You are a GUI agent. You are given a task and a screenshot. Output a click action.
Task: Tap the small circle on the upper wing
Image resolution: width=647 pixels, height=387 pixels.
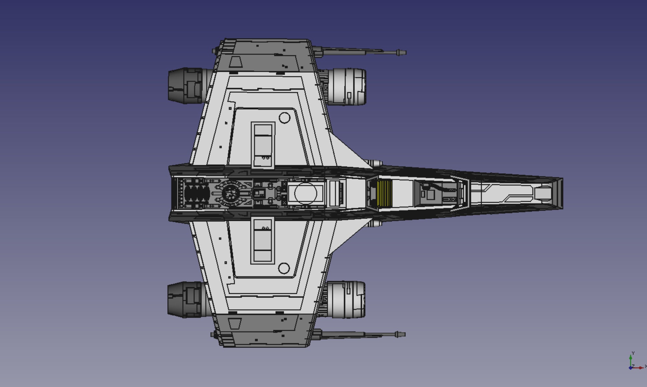pyautogui.click(x=284, y=118)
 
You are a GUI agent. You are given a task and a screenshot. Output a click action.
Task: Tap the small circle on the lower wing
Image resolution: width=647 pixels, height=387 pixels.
pyautogui.click(x=284, y=268)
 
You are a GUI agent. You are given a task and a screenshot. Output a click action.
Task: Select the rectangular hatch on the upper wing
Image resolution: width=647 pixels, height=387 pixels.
pyautogui.click(x=263, y=145)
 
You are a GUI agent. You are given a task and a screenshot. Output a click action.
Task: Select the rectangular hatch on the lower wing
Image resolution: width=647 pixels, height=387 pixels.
pyautogui.click(x=262, y=240)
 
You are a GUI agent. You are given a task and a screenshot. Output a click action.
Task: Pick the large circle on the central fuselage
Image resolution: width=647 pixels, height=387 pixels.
pyautogui.click(x=305, y=193)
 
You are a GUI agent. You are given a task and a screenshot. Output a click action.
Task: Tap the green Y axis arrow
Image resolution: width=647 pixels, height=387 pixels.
pyautogui.click(x=631, y=357)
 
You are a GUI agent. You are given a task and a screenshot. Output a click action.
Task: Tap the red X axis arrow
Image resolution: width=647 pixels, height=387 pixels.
pyautogui.click(x=641, y=368)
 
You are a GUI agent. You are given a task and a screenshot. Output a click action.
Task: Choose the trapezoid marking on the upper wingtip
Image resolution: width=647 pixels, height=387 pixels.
pyautogui.click(x=236, y=62)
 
